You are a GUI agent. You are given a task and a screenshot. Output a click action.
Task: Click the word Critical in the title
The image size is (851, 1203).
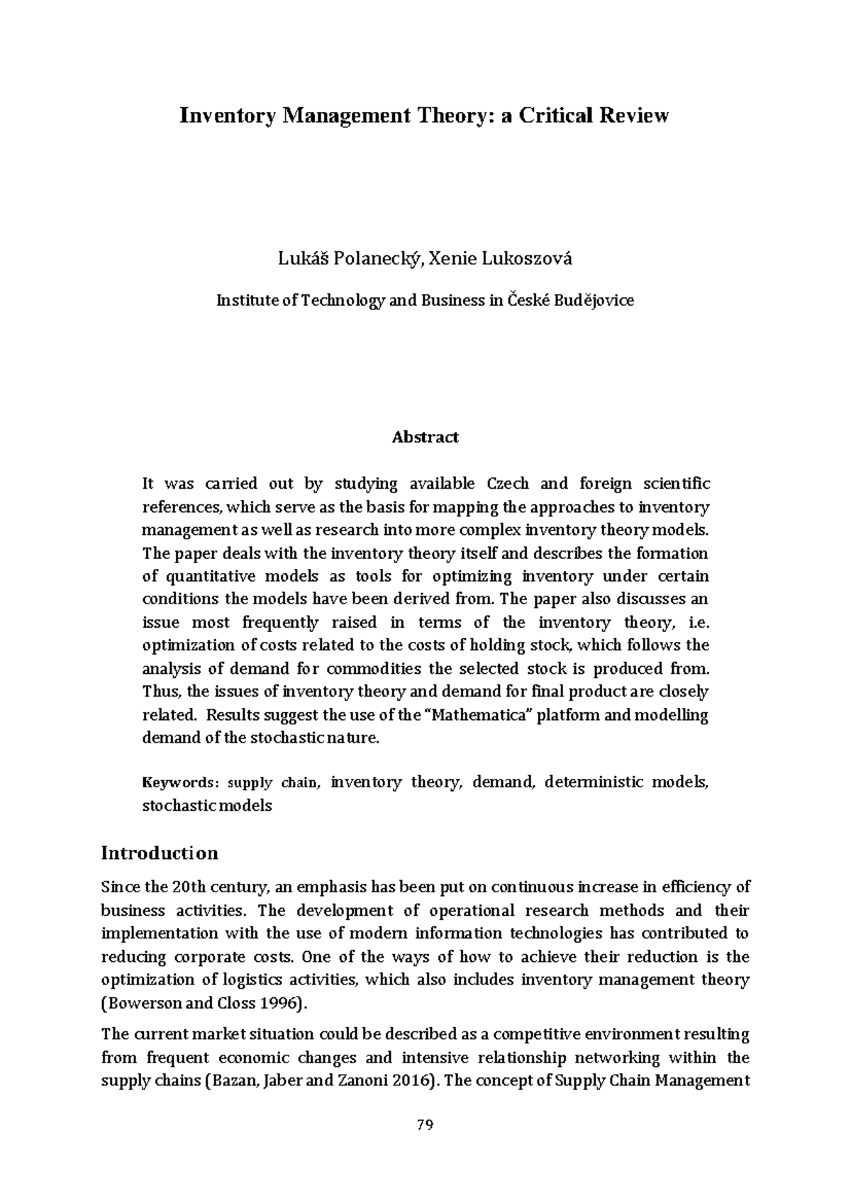click(x=556, y=116)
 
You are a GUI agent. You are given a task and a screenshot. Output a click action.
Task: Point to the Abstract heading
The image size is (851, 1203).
click(x=425, y=437)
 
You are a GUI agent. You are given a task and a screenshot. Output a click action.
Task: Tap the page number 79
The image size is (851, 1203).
click(x=425, y=1125)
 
